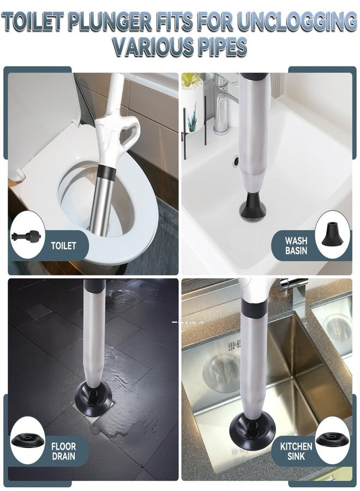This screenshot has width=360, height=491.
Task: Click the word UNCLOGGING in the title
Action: pos(297,21)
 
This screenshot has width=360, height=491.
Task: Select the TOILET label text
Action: pos(64,245)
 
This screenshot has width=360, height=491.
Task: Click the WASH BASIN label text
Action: pos(296,245)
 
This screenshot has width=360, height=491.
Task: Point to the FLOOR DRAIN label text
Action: pos(64,451)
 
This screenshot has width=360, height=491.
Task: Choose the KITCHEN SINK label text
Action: pos(296,451)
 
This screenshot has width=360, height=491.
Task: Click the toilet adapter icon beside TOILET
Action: pos(26,236)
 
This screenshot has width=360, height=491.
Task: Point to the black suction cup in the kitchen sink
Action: pos(253,430)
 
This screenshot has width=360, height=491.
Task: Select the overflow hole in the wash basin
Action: pos(236,160)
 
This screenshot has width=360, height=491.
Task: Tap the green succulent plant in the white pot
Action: pos(191,80)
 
